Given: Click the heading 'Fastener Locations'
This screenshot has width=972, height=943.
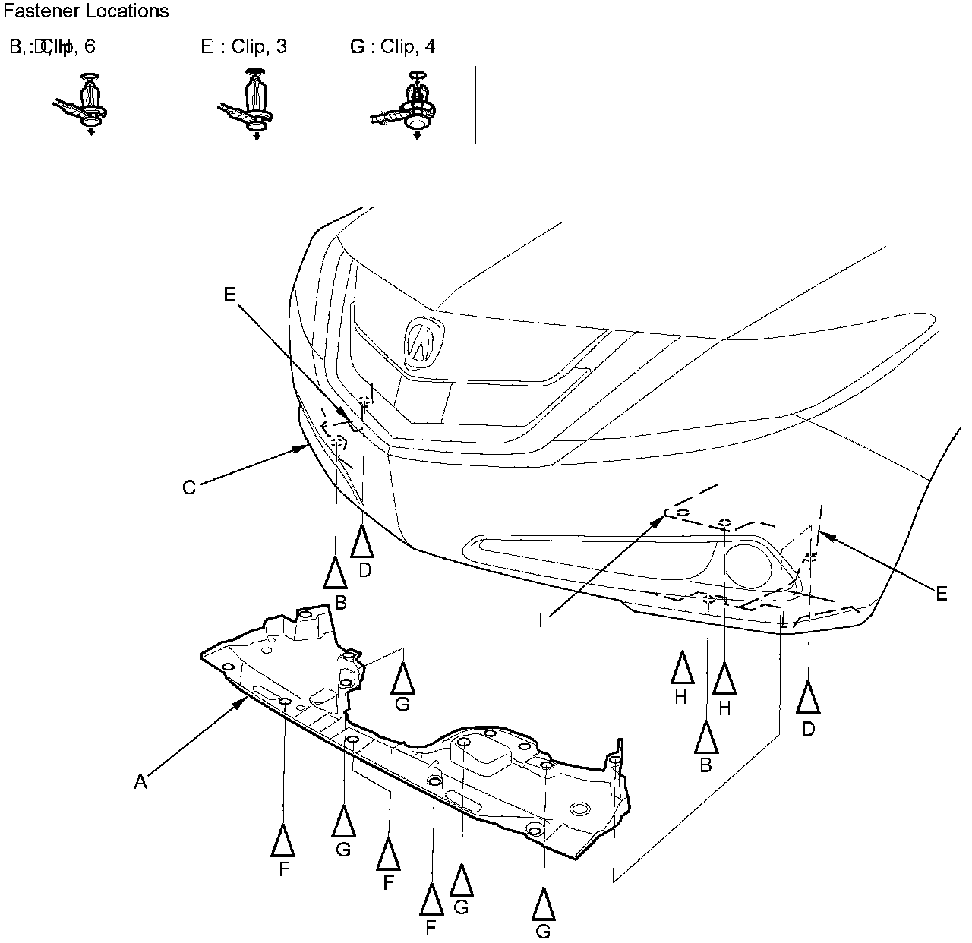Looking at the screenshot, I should click(x=86, y=11).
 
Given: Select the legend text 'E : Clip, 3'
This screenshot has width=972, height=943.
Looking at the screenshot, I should click(x=244, y=47).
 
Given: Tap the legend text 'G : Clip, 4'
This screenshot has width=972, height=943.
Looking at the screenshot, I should click(x=393, y=47).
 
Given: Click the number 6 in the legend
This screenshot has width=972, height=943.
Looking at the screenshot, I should click(x=90, y=47).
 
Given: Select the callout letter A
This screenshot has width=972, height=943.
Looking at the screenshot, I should click(x=140, y=781).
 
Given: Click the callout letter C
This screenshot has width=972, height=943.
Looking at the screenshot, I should click(x=189, y=487).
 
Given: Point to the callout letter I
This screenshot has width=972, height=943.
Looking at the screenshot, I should click(x=541, y=620).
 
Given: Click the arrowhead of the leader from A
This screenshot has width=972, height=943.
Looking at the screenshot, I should click(x=245, y=700).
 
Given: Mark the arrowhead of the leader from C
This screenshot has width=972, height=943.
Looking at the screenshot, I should click(x=305, y=448).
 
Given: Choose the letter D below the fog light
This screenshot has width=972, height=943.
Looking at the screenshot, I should click(x=808, y=729).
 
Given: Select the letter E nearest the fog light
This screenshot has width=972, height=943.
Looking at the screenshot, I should click(x=942, y=594).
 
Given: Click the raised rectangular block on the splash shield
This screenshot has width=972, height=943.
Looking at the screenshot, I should click(x=486, y=756).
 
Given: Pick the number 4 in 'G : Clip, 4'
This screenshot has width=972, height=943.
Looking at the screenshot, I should click(x=431, y=47).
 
